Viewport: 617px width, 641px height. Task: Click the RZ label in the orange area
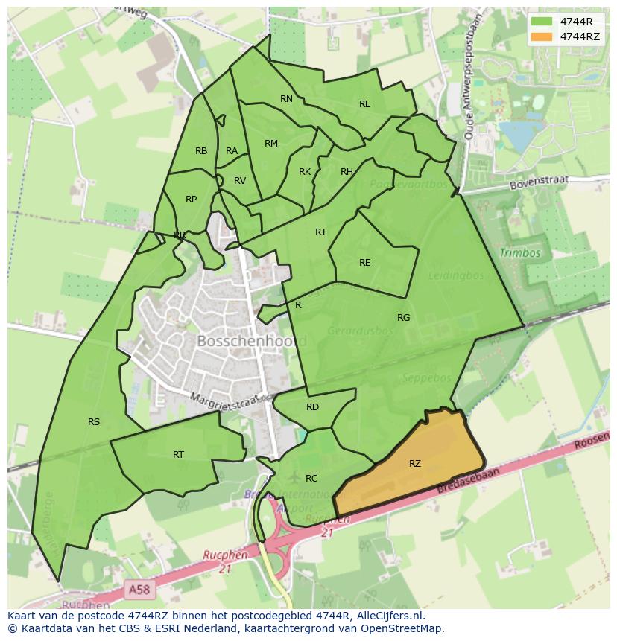[415, 464]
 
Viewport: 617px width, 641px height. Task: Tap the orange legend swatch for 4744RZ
[542, 36]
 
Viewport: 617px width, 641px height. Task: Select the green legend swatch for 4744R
[542, 22]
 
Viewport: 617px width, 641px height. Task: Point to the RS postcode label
[94, 422]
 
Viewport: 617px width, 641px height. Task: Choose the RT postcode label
[179, 455]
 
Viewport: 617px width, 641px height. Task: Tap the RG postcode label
[404, 318]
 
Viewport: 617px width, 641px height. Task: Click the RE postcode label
[365, 263]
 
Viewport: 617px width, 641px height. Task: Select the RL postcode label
[364, 104]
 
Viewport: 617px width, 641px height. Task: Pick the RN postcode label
[287, 99]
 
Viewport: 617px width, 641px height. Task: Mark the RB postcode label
[201, 151]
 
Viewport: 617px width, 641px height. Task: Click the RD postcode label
[313, 407]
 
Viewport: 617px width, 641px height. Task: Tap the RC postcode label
[312, 479]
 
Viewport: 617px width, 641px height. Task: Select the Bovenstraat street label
[539, 183]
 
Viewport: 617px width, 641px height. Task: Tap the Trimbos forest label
[520, 253]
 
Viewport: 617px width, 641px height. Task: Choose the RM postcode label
[271, 144]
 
